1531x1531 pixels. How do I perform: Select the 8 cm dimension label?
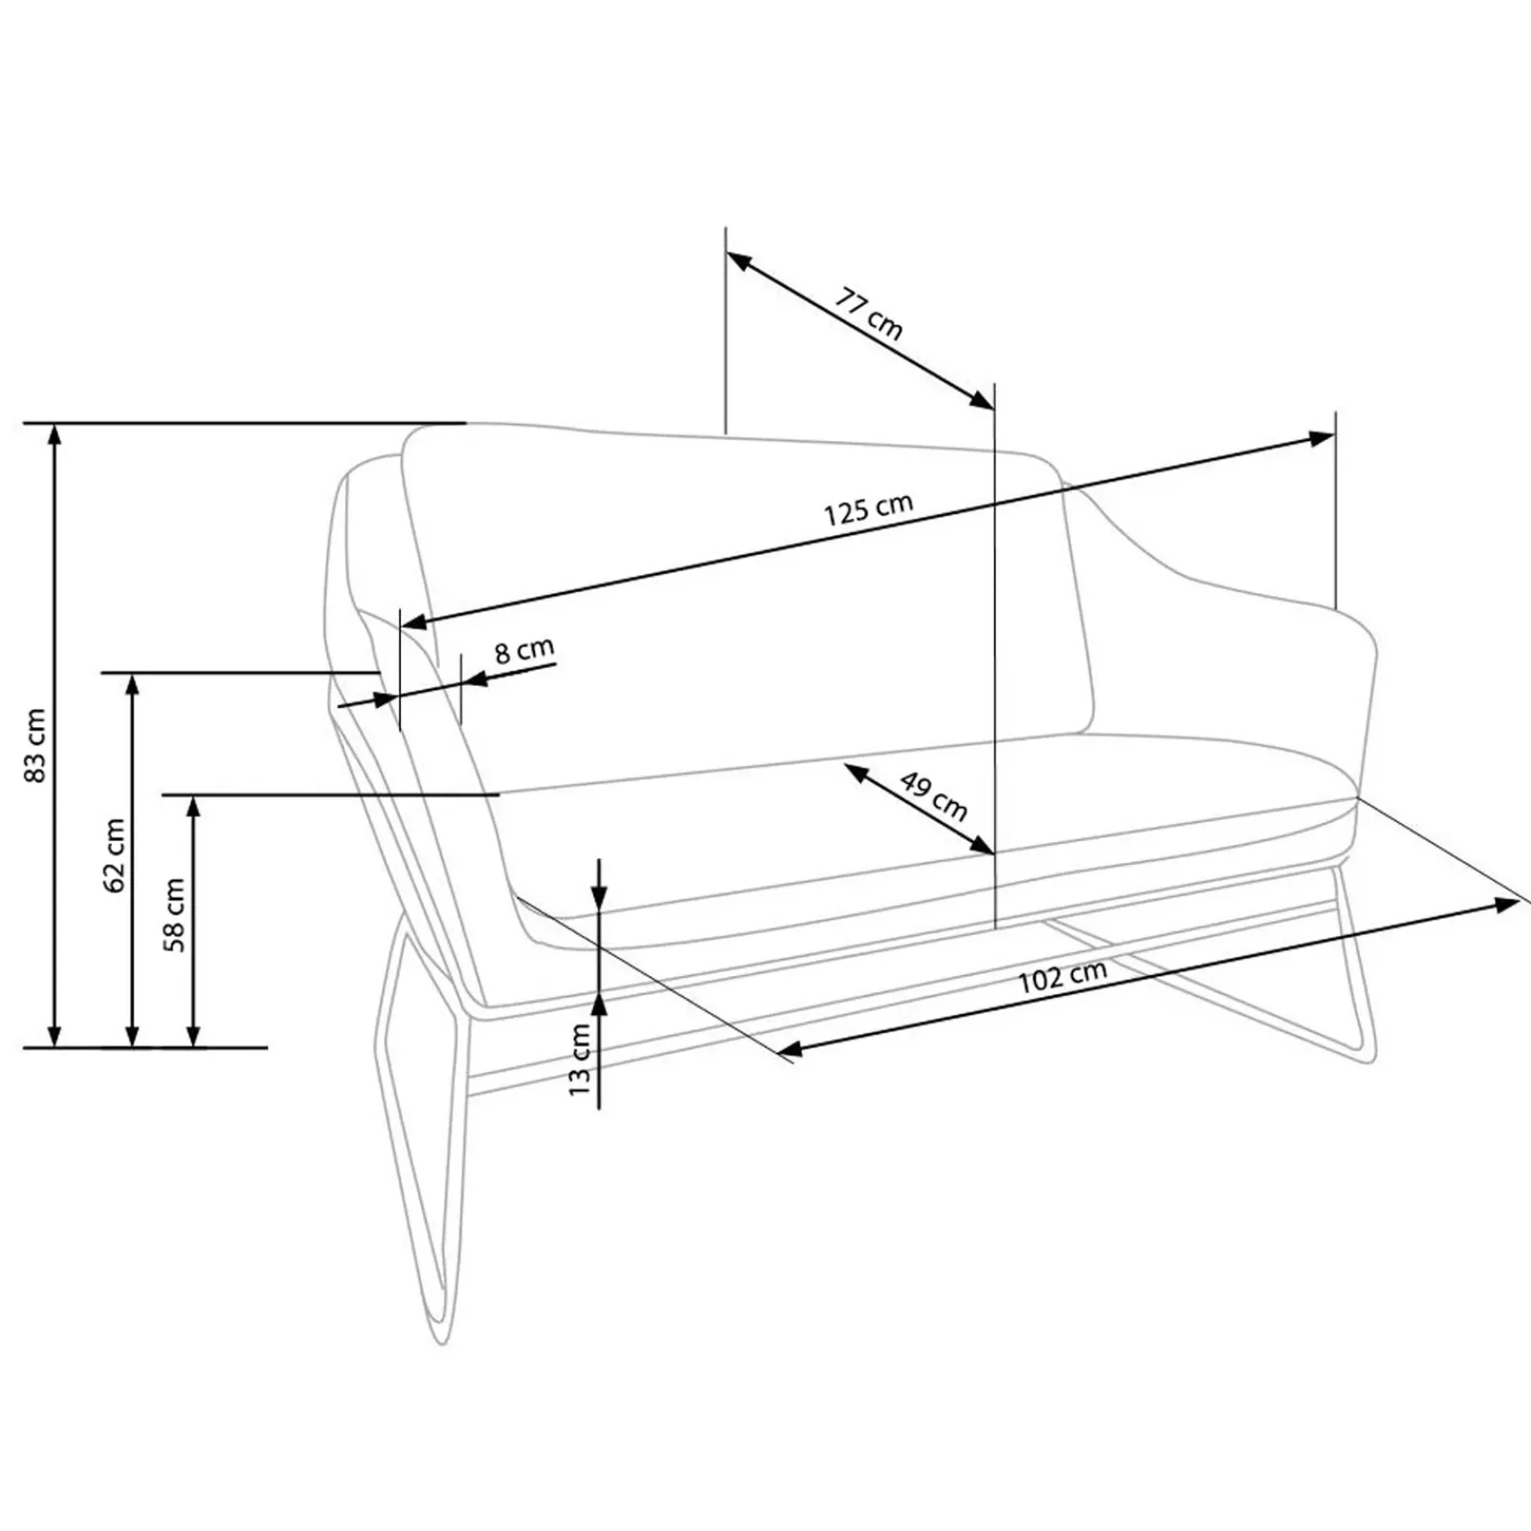[x=524, y=651]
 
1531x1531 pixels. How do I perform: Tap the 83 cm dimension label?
[x=34, y=745]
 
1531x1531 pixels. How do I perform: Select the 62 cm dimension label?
[x=115, y=854]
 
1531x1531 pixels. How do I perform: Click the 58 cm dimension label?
[x=175, y=915]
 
